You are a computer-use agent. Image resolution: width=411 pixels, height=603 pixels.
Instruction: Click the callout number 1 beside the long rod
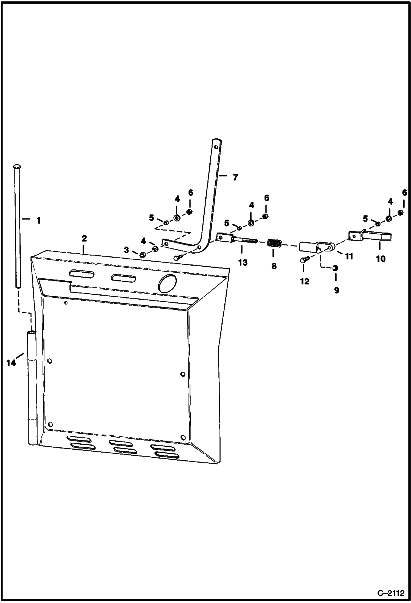pos(38,220)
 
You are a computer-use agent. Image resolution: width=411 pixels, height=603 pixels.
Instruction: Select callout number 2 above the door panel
pos(84,238)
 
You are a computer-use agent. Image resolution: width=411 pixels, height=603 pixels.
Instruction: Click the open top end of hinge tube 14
pos(32,333)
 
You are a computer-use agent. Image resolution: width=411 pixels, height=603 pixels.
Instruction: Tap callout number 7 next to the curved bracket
pos(235,178)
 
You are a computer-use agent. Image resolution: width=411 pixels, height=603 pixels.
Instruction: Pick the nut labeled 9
pos(335,268)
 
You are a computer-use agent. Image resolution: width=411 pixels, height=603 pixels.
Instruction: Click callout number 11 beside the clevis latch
pos(349,256)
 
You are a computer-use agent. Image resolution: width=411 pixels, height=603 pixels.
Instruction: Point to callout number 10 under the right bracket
pos(381,259)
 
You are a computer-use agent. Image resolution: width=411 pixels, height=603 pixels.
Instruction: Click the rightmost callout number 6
pos(404,193)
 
